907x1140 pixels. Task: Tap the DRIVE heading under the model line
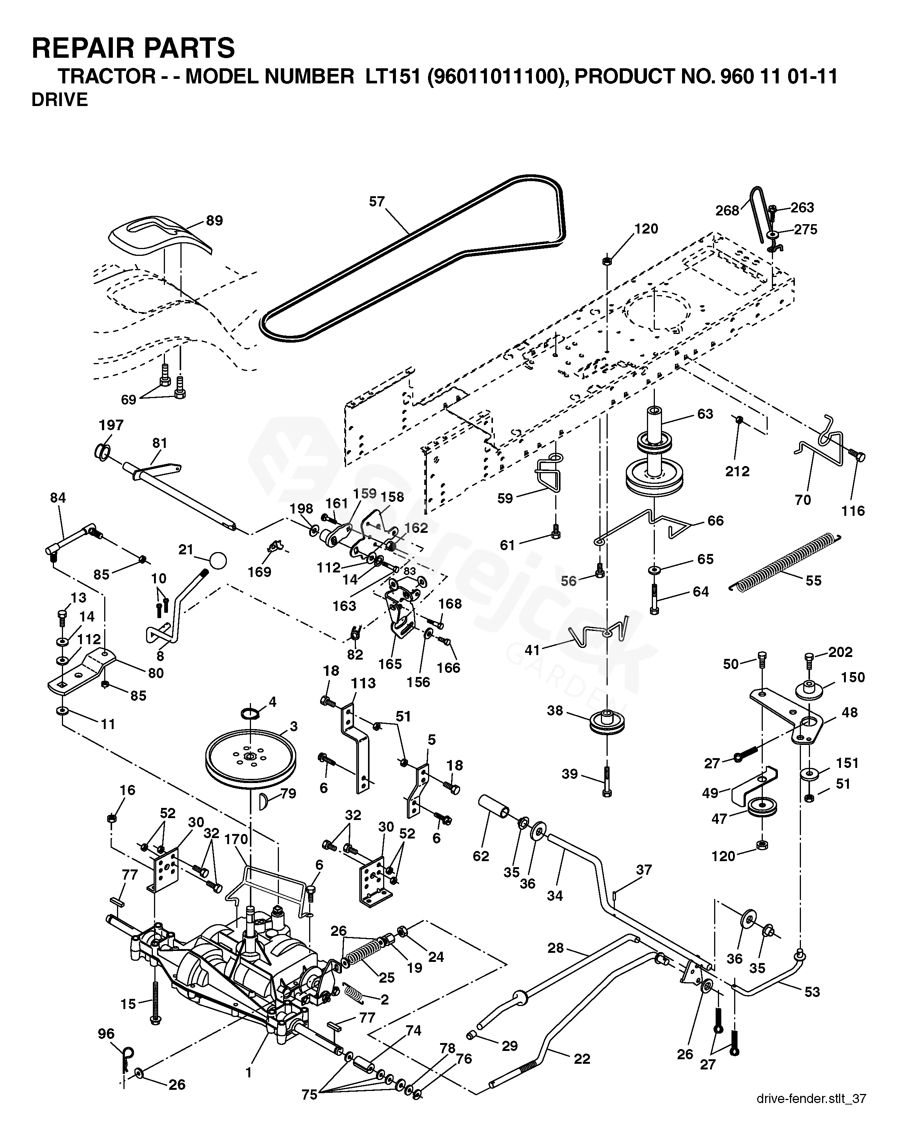click(x=59, y=100)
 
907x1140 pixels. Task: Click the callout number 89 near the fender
click(x=214, y=220)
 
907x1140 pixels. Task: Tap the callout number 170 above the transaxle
click(x=236, y=839)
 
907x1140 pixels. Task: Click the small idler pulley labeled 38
click(x=607, y=723)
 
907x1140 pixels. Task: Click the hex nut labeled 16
click(x=112, y=818)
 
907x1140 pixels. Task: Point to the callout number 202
click(x=840, y=652)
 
